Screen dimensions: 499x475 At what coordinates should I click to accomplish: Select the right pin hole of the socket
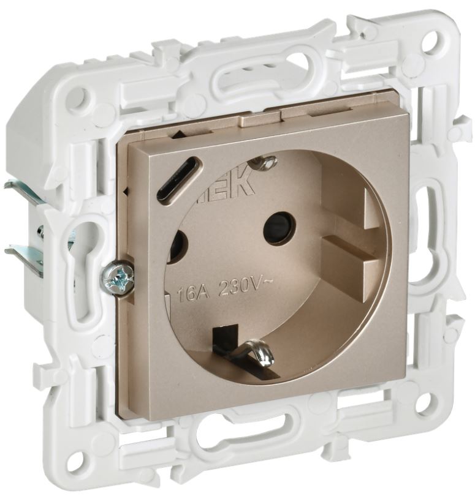coord(279,228)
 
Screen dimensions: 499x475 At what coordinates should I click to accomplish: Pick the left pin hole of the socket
coord(176,248)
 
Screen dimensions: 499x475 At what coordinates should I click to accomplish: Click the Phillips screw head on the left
coord(118,279)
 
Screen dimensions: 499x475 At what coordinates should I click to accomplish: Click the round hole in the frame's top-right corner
coord(431,42)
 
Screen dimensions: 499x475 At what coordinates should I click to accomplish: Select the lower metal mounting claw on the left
coord(26,255)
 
